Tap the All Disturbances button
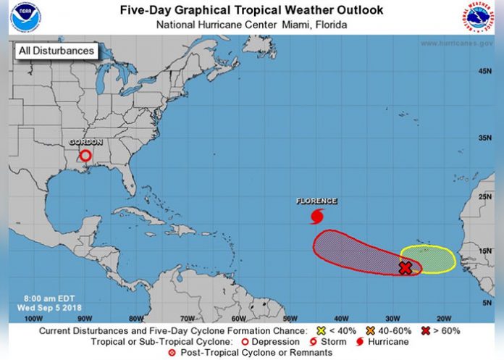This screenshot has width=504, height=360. (x=56, y=51)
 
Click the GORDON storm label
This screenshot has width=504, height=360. (x=85, y=142)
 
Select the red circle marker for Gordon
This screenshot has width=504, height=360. (x=85, y=155)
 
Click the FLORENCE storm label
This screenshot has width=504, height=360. (x=316, y=201)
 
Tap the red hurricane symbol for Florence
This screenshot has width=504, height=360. (x=316, y=216)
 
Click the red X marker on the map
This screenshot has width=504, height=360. (x=406, y=268)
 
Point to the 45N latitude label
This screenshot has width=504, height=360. (x=484, y=70)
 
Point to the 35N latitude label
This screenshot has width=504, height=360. (x=484, y=137)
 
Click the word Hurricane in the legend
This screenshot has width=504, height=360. (x=389, y=342)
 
